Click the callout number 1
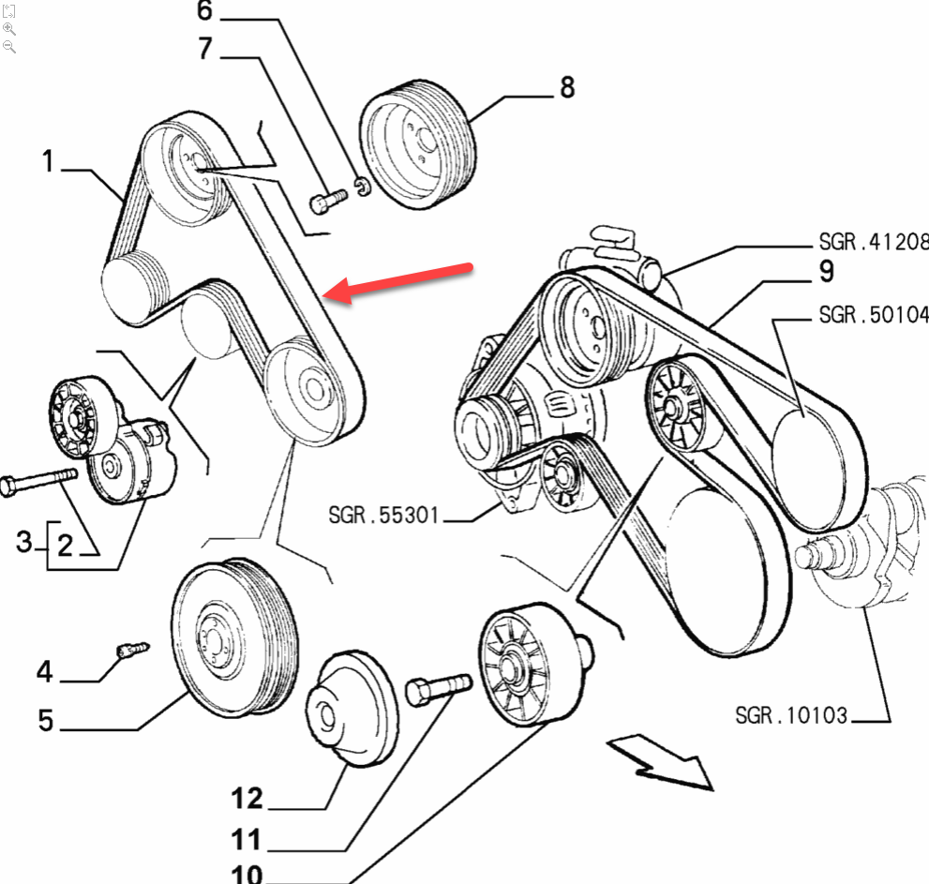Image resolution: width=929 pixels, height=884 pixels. click(x=47, y=161)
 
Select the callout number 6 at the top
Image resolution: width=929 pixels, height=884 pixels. click(x=204, y=12)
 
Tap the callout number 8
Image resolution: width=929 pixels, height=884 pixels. click(x=566, y=88)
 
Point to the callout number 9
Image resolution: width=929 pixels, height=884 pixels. click(x=825, y=271)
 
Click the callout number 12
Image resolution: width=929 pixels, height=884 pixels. click(x=247, y=800)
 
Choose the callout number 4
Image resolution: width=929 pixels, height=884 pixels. click(x=45, y=672)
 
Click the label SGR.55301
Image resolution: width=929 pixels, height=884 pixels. click(x=383, y=515)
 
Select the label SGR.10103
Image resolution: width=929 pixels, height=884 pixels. click(x=791, y=716)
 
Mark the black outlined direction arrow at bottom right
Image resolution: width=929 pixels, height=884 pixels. click(x=660, y=760)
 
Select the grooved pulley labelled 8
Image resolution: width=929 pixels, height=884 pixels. click(x=419, y=149)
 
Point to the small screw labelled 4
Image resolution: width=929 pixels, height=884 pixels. click(x=130, y=649)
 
